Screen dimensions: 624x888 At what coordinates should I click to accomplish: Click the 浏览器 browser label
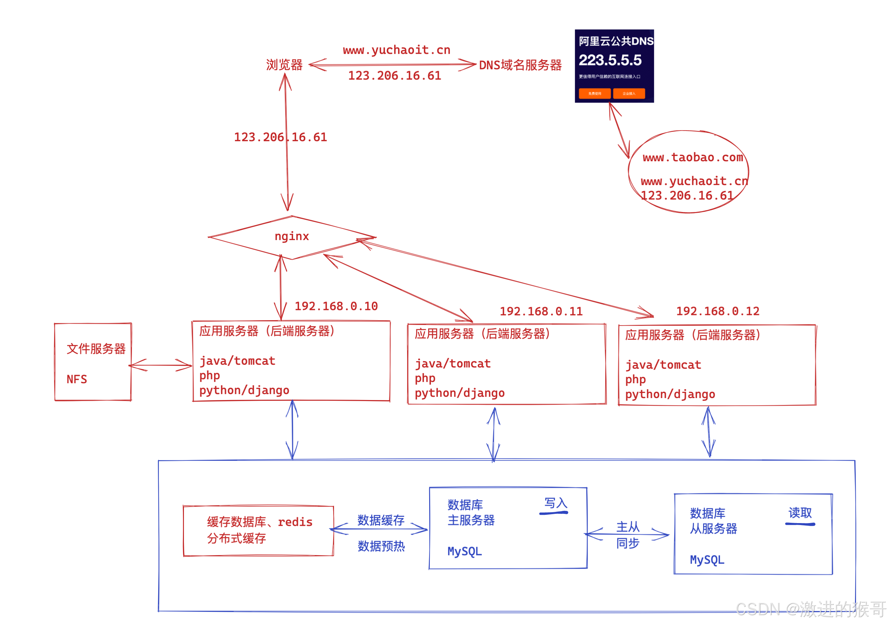tap(284, 65)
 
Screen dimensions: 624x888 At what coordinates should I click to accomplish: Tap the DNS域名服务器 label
tap(520, 65)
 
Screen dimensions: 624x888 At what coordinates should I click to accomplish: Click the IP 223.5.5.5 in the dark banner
tap(610, 60)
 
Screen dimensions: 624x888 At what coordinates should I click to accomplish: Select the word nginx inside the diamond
tap(292, 236)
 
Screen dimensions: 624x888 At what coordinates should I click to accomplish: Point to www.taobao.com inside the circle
tap(693, 158)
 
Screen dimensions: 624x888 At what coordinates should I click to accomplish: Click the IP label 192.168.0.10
tap(336, 306)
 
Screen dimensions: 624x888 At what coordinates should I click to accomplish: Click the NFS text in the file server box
tap(76, 379)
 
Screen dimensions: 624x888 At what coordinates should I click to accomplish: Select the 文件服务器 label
tap(96, 349)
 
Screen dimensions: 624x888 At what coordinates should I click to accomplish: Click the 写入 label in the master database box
tap(555, 503)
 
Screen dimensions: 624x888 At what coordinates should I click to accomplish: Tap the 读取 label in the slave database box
tap(800, 513)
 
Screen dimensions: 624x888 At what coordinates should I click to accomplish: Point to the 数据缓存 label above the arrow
tap(381, 520)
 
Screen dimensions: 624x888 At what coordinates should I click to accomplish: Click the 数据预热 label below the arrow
tap(381, 546)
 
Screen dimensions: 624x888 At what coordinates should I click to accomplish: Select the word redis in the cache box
tap(295, 522)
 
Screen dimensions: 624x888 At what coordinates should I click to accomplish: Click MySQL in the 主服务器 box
tap(464, 551)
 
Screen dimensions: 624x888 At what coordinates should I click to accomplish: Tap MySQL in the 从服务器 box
tap(707, 560)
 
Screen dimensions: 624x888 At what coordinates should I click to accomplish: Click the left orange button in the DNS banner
tap(594, 93)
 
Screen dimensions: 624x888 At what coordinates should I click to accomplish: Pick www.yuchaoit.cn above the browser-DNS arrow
tap(397, 50)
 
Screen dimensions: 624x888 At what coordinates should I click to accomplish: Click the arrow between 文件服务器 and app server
tap(161, 365)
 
